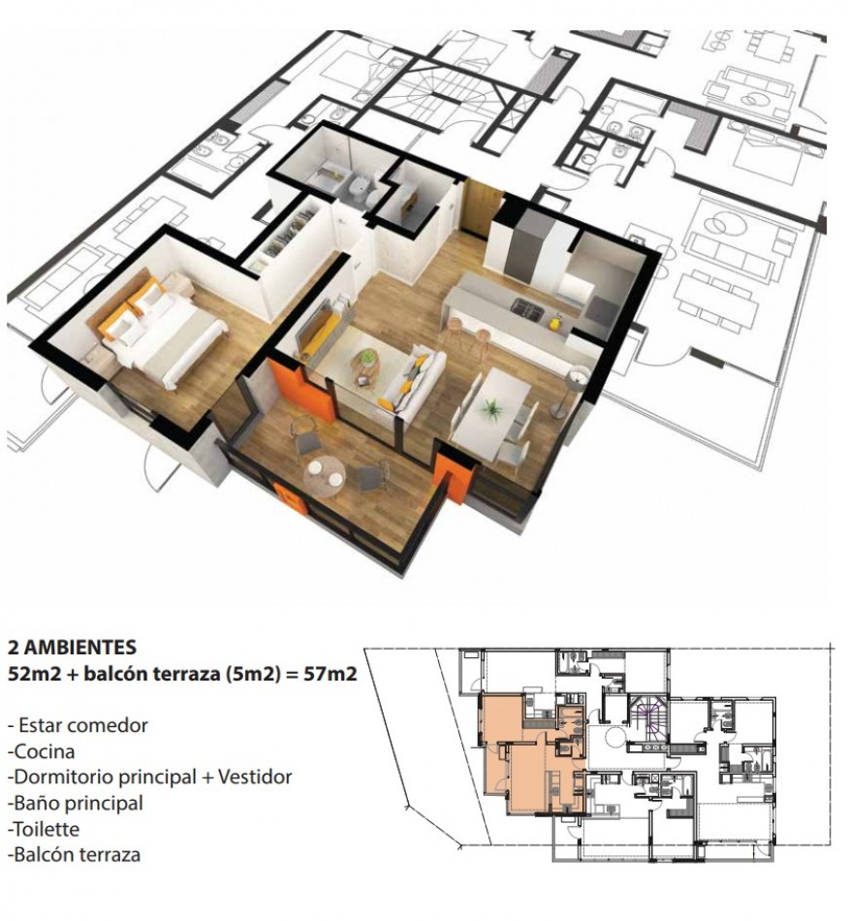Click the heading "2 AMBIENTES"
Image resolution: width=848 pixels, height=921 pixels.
pos(73,647)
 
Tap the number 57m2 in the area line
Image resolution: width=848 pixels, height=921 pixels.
pos(330,673)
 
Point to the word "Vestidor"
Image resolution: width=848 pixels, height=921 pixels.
pos(255,778)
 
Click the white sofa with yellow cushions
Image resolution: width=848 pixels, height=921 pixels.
pos(409,379)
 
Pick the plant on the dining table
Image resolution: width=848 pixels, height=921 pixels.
pos(488,408)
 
